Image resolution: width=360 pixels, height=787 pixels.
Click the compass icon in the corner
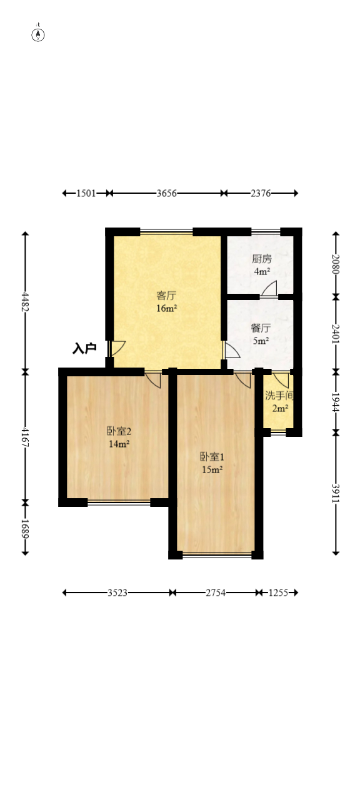click(38, 34)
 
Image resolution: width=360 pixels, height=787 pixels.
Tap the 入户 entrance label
click(84, 348)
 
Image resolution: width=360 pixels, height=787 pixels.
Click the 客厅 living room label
click(166, 296)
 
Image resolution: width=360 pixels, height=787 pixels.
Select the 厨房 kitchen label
click(261, 259)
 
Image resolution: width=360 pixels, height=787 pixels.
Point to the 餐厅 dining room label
click(260, 328)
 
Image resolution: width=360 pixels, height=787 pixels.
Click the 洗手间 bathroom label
click(279, 396)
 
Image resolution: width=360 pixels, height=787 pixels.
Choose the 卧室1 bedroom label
click(212, 456)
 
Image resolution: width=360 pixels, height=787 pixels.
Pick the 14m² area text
click(119, 444)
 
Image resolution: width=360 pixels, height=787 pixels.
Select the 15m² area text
click(212, 469)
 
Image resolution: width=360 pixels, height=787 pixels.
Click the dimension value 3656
click(166, 193)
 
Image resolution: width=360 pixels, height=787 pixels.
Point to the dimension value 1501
click(86, 193)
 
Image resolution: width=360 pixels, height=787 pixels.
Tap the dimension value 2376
click(261, 193)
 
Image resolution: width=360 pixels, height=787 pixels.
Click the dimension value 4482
click(26, 301)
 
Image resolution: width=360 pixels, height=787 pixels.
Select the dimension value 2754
click(214, 593)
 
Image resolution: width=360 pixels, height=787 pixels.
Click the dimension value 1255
click(277, 593)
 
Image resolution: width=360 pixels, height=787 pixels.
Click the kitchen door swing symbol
click(269, 289)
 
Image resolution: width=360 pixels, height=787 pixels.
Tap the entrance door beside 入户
click(117, 348)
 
